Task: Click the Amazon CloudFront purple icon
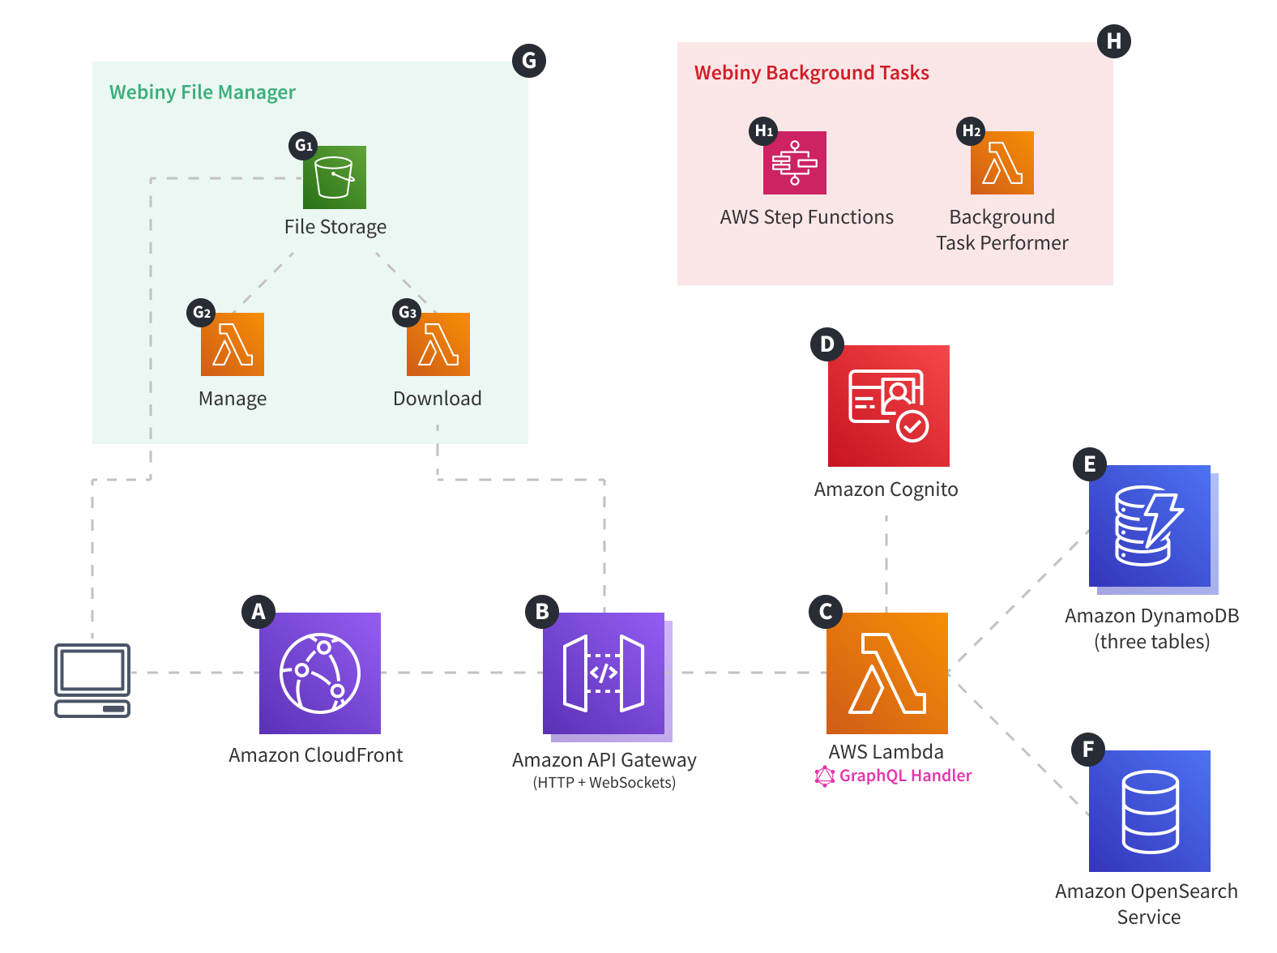tap(320, 673)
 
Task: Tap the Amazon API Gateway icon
tap(604, 673)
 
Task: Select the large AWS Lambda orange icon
tap(887, 673)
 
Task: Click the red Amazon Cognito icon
tap(888, 405)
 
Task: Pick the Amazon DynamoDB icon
tap(1150, 526)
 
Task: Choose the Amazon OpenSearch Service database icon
tap(1150, 810)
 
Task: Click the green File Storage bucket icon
tap(335, 177)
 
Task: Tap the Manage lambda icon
tap(233, 344)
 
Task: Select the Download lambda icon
tap(438, 344)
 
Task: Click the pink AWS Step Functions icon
tap(795, 163)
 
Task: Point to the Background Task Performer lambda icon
tap(1002, 163)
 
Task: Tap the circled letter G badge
tap(529, 61)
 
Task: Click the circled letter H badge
tap(1114, 41)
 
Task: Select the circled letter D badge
tap(827, 344)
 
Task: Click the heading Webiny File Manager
tap(203, 92)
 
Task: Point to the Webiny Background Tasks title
tap(811, 73)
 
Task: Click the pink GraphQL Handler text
tap(904, 776)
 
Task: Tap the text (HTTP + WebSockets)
tap(604, 783)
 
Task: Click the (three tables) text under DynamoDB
tap(1151, 642)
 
